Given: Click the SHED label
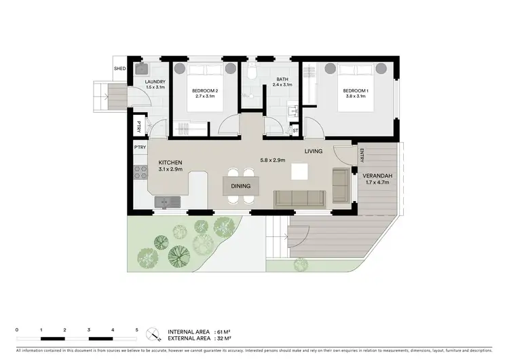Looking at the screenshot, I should point(119,69).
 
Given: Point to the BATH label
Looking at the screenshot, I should point(282,79).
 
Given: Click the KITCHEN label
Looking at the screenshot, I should point(170,163).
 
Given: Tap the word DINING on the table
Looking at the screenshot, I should point(240,186).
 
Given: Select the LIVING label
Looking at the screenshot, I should point(313,151).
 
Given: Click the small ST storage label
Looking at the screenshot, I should point(295,130).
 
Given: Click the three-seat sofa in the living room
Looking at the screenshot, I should point(299,198).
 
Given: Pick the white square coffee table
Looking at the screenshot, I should point(299,171).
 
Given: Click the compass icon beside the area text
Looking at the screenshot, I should point(154,334).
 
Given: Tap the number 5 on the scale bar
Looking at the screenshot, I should point(136,329).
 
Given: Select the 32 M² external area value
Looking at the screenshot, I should point(223,338).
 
